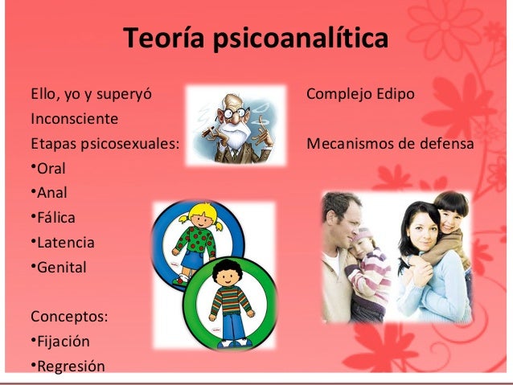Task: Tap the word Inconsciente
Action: (74, 119)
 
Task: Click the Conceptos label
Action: (69, 315)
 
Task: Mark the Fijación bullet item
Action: (61, 340)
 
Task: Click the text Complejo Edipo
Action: (361, 95)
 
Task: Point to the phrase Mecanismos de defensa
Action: (391, 145)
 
